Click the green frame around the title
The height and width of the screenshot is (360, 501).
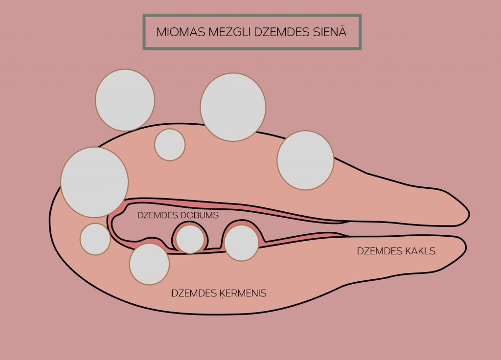click(252, 15)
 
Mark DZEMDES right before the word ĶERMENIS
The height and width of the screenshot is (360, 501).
click(194, 293)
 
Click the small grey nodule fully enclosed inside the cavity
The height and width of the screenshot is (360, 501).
click(190, 239)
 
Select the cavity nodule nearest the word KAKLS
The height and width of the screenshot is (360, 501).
click(242, 243)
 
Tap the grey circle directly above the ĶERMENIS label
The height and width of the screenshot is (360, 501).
click(149, 264)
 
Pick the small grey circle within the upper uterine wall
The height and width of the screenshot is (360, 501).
click(170, 145)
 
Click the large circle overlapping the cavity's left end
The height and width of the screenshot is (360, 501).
click(94, 182)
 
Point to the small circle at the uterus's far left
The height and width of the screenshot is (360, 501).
click(95, 239)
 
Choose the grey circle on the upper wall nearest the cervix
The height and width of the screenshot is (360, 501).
click(305, 160)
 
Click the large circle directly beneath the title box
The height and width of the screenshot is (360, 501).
click(233, 107)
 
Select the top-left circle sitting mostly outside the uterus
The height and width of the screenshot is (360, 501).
click(125, 100)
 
